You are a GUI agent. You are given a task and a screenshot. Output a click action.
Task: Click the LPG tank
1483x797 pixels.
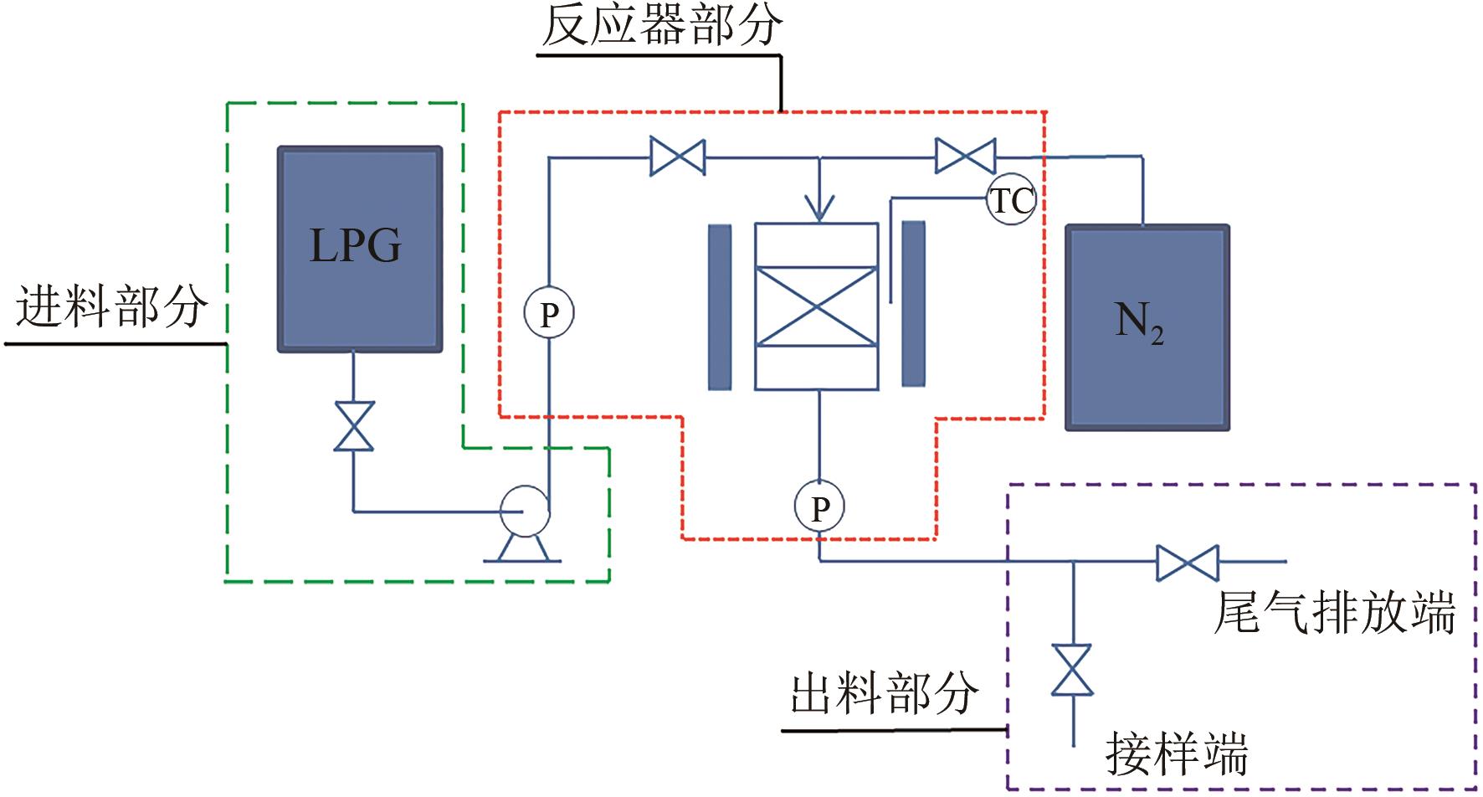click(359, 249)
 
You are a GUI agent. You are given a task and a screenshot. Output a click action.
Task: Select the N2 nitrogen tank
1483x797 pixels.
click(1147, 327)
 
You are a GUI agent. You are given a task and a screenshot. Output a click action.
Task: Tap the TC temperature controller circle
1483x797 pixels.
click(1011, 201)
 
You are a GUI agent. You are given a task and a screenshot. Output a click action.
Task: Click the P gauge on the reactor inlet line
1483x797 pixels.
click(548, 314)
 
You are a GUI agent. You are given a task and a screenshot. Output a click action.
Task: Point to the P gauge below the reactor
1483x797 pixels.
click(819, 506)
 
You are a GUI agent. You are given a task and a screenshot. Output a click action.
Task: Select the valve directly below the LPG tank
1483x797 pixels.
click(353, 426)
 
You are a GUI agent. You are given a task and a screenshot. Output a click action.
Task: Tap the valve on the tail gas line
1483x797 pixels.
click(1187, 562)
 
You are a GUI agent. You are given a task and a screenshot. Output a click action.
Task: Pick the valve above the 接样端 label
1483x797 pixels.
click(1072, 670)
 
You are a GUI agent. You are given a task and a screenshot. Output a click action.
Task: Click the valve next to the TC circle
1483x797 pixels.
click(965, 156)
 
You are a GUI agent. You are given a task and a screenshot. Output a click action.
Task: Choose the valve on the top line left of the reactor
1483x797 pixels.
click(677, 157)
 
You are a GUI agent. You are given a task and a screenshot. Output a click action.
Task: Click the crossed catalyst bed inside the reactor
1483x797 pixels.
click(816, 306)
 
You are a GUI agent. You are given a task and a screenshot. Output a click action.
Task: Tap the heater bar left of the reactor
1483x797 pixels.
click(720, 306)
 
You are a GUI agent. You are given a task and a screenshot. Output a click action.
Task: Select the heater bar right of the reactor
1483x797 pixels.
click(913, 304)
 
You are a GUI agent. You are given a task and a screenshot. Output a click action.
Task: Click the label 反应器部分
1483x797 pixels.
click(661, 27)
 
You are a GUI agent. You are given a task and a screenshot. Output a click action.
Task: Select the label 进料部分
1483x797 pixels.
click(112, 306)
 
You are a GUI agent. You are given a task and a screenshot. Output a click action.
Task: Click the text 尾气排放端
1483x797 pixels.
click(1334, 614)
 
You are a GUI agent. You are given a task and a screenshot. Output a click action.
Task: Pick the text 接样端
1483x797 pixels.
click(1177, 753)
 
